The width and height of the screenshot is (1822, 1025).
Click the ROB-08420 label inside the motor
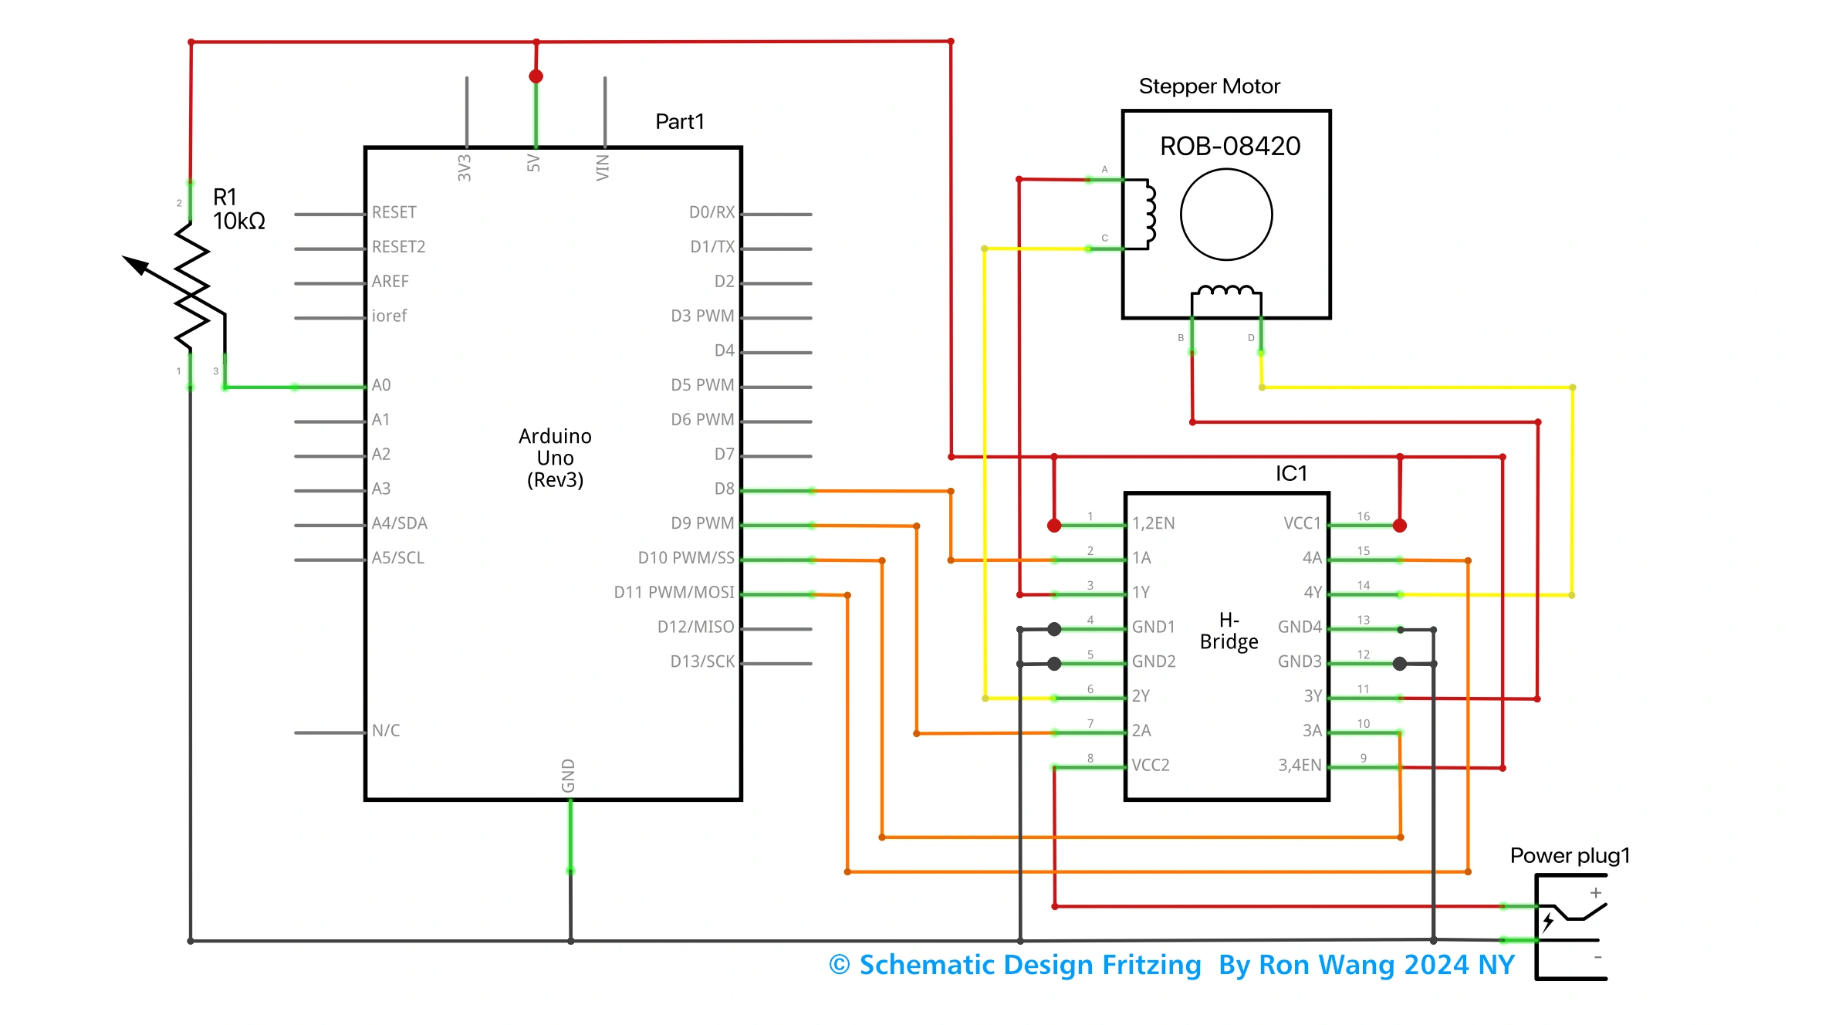point(1230,146)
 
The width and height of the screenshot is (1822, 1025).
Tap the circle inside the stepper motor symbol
point(1226,215)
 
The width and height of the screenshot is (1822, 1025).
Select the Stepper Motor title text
point(1209,86)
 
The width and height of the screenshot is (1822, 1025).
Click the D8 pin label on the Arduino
point(724,489)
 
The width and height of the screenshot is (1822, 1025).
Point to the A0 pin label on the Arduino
point(381,385)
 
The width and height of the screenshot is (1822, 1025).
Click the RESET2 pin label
point(398,247)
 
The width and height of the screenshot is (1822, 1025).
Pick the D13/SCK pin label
point(702,661)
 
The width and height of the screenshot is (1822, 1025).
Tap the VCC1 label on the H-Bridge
point(1302,523)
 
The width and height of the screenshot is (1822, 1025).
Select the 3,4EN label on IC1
point(1300,765)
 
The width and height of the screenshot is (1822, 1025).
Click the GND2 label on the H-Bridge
point(1154,661)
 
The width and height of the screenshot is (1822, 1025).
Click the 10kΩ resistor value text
point(239,222)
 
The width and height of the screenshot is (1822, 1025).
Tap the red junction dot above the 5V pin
point(536,76)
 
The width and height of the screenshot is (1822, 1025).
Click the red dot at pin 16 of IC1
point(1400,526)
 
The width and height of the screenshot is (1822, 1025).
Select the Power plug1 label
point(1570,855)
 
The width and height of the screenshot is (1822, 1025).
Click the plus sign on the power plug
point(1596,893)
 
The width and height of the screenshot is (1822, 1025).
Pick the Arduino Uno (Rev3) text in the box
point(555,458)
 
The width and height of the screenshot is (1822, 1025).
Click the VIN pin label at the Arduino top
point(603,167)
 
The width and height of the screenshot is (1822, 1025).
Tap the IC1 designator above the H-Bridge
point(1291,473)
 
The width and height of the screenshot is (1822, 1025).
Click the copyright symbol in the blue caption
point(840,965)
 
